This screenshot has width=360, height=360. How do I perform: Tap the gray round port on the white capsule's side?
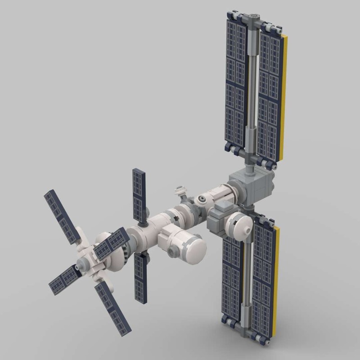(x=173, y=252)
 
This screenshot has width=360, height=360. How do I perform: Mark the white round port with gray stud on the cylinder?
(x=202, y=198)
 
